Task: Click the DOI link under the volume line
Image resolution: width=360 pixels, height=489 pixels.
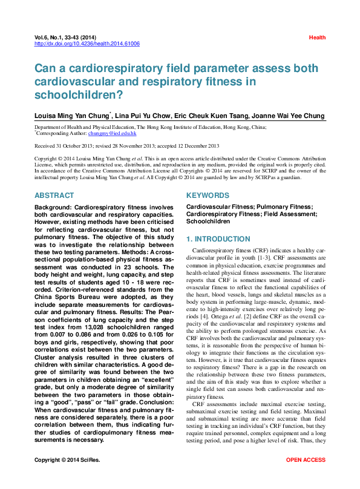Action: pos(87,44)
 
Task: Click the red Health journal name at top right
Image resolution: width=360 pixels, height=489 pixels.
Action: pos(317,38)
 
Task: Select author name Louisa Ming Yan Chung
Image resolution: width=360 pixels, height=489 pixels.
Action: pos(71,116)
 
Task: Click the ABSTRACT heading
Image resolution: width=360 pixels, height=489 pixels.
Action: pos(54,195)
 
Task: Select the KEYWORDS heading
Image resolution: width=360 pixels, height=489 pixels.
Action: pos(208,195)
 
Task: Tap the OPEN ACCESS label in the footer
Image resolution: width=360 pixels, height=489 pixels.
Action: pos(306,477)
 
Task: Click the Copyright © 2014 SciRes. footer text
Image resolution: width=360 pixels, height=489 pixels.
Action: pos(67,477)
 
